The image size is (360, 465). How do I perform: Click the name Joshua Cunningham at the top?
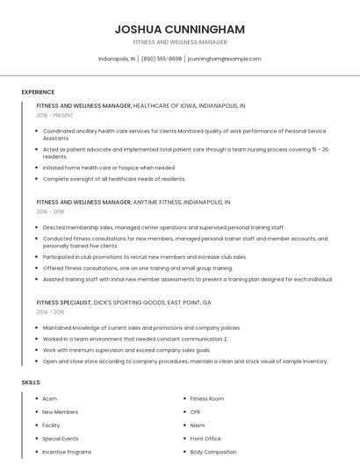pyautogui.click(x=180, y=29)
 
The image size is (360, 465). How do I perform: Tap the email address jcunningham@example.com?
pyautogui.click(x=224, y=59)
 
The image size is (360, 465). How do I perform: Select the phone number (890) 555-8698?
pyautogui.click(x=162, y=59)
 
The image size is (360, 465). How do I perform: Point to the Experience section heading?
pyautogui.click(x=38, y=92)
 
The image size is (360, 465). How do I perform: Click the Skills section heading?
pyautogui.click(x=30, y=383)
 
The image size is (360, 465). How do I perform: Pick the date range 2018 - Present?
pyautogui.click(x=55, y=115)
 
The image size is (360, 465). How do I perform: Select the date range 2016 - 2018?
pyautogui.click(x=50, y=211)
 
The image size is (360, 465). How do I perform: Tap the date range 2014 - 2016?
pyautogui.click(x=50, y=311)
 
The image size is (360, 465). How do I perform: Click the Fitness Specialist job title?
pyautogui.click(x=64, y=302)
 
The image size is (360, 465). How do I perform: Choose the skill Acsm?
pyautogui.click(x=49, y=398)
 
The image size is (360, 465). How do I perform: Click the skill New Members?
pyautogui.click(x=60, y=411)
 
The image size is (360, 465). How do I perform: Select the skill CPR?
pyautogui.click(x=196, y=411)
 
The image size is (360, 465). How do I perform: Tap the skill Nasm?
pyautogui.click(x=198, y=425)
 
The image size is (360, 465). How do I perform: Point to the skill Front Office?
pyautogui.click(x=205, y=438)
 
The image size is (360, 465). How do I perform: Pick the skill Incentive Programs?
pyautogui.click(x=67, y=452)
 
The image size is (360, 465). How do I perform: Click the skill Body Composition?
pyautogui.click(x=213, y=452)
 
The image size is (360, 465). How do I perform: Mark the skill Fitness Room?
pyautogui.click(x=207, y=398)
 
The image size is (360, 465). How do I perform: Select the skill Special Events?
pyautogui.click(x=61, y=438)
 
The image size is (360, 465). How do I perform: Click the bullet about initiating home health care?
pyautogui.click(x=109, y=168)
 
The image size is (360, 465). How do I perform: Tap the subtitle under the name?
pyautogui.click(x=180, y=42)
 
